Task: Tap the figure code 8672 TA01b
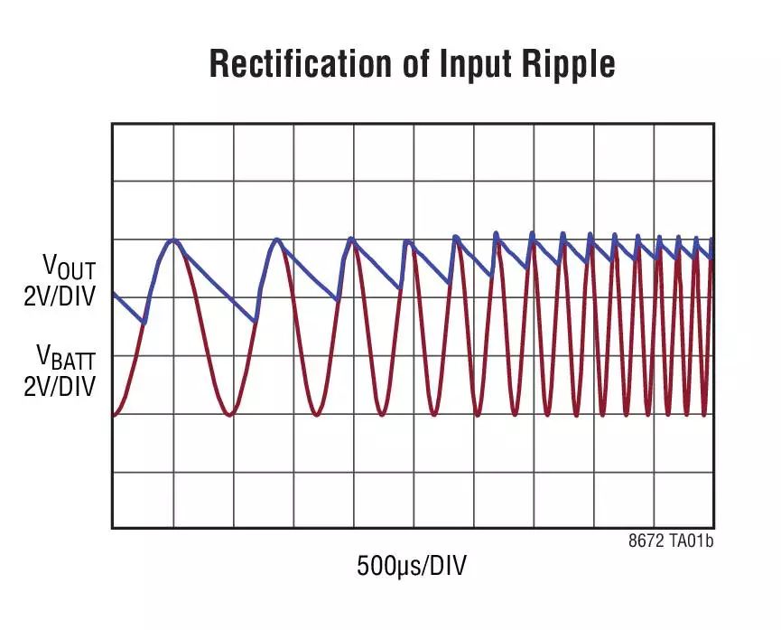coord(671,541)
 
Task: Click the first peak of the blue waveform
coord(172,240)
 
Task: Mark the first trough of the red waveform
coord(230,415)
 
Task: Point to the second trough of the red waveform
coord(317,415)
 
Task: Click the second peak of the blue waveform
coord(276,240)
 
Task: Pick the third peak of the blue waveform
coord(351,240)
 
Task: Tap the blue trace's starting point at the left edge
coord(114,294)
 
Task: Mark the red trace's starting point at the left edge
coord(114,415)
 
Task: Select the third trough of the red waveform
coord(382,415)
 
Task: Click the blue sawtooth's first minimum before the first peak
coord(144,322)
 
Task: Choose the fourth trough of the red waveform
coord(434,415)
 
